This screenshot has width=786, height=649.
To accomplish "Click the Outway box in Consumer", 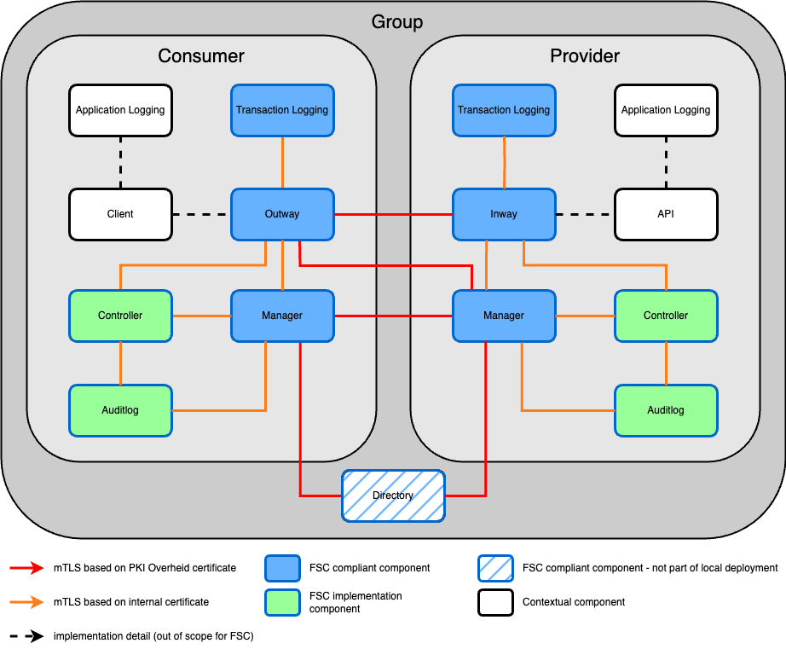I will (x=282, y=214).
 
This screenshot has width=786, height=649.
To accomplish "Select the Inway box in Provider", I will (x=504, y=214).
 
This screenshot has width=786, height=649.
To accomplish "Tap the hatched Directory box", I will (x=393, y=495).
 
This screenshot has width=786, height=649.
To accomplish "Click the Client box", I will (x=120, y=214).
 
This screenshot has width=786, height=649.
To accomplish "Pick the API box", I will (x=666, y=214).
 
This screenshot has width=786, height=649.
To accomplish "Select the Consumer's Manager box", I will (x=282, y=316).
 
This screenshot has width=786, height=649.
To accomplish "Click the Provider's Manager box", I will (x=504, y=316).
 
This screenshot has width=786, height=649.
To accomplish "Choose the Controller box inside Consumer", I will (x=120, y=316).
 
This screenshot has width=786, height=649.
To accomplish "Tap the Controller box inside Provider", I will (x=666, y=316).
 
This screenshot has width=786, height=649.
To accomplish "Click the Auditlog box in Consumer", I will (x=120, y=410).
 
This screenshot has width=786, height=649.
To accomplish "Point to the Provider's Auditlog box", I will (x=666, y=410).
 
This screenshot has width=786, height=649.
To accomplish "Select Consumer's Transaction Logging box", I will (x=282, y=110).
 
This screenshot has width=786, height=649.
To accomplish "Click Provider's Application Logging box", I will (x=666, y=110).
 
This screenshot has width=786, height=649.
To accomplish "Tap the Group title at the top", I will (x=396, y=21).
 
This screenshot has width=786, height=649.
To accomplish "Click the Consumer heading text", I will (x=201, y=56).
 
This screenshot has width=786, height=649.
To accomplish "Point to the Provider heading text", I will (x=585, y=56).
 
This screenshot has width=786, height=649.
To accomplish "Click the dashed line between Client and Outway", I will (x=201, y=214).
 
